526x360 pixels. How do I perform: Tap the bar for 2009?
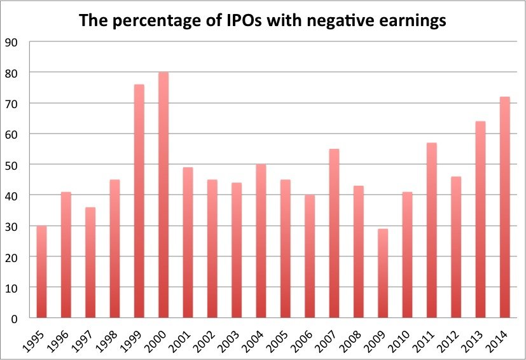[382, 273]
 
